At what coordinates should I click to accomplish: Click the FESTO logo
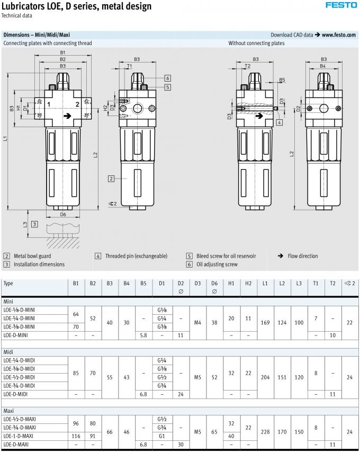(x=341, y=5)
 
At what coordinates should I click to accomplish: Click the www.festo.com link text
(x=339, y=35)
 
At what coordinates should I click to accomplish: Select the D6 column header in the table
(x=214, y=283)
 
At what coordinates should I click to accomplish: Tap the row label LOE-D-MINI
(x=15, y=335)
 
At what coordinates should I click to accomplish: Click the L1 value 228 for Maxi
(x=265, y=432)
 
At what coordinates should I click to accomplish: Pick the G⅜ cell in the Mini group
(x=162, y=327)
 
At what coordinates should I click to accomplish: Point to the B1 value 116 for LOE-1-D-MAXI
(x=76, y=436)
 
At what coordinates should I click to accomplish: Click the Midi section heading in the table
(x=8, y=352)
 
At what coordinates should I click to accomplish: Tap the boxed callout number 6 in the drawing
(x=168, y=78)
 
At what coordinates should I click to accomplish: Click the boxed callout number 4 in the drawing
(x=280, y=122)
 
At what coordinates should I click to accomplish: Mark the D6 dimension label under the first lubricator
(x=63, y=215)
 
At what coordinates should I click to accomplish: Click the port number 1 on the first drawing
(x=49, y=104)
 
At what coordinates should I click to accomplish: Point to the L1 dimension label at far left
(x=5, y=138)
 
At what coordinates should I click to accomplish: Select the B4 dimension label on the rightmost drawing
(x=323, y=66)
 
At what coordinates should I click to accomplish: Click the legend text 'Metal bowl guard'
(x=32, y=256)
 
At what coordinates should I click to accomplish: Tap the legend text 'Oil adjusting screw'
(x=217, y=264)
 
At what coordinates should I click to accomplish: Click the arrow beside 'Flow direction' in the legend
(x=281, y=256)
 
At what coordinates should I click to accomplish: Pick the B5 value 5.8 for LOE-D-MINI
(x=143, y=335)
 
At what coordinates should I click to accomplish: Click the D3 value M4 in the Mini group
(x=197, y=323)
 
